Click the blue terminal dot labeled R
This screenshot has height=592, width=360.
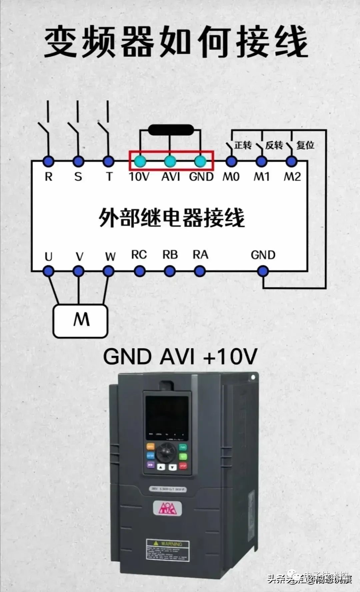coord(49,162)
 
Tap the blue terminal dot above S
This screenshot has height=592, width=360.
coord(78,162)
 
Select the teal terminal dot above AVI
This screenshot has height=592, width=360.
coord(170,162)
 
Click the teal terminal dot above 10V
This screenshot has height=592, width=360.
coord(140,162)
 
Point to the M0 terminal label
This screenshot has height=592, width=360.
coord(231,177)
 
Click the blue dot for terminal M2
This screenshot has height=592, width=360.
coord(291,162)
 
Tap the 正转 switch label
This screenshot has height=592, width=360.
coord(243,145)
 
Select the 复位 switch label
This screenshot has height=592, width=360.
coord(305,145)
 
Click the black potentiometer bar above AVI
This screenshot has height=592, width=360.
coord(170,130)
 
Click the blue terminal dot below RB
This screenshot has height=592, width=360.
coord(170,271)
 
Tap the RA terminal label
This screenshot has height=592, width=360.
coord(200,255)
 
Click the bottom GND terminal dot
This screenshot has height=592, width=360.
coord(263,271)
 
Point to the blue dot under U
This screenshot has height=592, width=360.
coord(49,271)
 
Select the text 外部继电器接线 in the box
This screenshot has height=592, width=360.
coord(171,218)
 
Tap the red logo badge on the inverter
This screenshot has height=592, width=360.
coord(167,508)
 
